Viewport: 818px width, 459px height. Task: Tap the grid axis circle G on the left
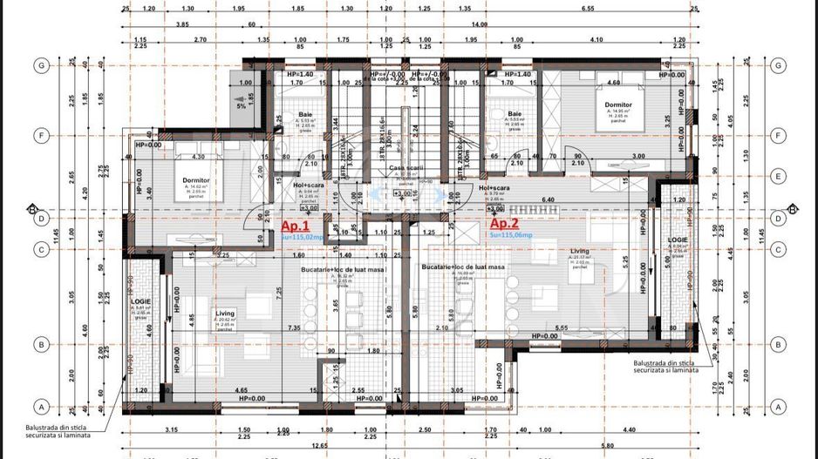(x=39, y=65)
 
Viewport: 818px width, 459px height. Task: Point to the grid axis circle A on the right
(x=778, y=406)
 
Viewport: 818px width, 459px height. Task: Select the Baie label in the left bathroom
(x=304, y=113)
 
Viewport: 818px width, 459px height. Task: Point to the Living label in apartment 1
(x=224, y=313)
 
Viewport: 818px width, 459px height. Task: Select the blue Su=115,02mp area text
(x=301, y=236)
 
